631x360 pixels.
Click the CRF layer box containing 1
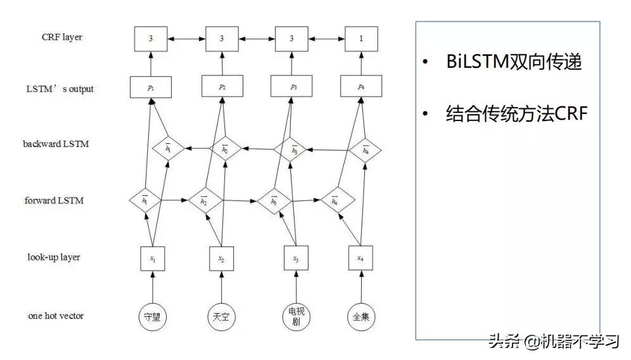point(361,39)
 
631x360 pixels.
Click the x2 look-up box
point(221,259)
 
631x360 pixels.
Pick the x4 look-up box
point(360,259)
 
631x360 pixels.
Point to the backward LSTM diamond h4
point(366,150)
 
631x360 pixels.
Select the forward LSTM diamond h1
point(144,200)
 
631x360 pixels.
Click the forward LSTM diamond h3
point(274,201)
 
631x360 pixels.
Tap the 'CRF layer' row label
point(61,37)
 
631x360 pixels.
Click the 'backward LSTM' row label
point(56,144)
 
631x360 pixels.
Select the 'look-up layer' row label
point(54,257)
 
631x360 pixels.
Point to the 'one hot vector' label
point(56,315)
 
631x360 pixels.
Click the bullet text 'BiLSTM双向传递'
point(514,62)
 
